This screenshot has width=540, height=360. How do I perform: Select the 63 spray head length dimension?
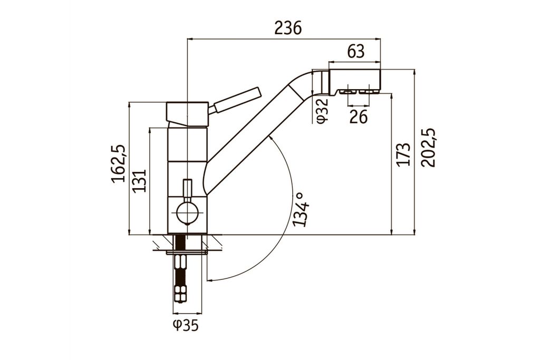pyautogui.click(x=356, y=52)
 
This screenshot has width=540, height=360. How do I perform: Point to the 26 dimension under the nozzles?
pyautogui.click(x=359, y=117)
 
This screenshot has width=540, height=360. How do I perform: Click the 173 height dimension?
pyautogui.click(x=403, y=154)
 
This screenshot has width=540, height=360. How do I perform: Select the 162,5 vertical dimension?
pyautogui.click(x=119, y=164)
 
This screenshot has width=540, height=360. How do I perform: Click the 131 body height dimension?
pyautogui.click(x=139, y=181)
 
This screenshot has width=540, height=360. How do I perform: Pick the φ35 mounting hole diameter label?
pyautogui.click(x=185, y=326)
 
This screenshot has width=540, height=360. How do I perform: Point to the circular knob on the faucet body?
pyautogui.click(x=187, y=213)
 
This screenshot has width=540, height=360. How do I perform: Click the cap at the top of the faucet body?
pyautogui.click(x=187, y=113)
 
